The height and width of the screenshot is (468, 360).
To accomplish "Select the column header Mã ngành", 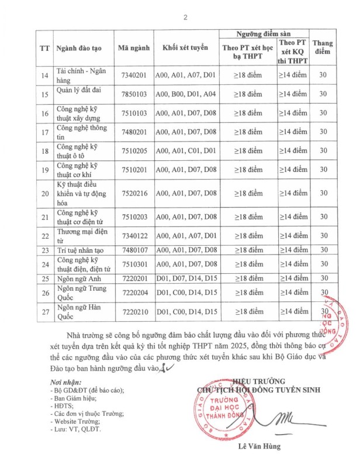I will [134, 48].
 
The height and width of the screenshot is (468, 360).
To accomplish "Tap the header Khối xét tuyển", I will [185, 48].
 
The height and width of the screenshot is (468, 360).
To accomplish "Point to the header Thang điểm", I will [323, 48].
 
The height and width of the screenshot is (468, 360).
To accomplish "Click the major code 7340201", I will [134, 75].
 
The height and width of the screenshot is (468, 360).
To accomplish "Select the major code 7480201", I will [134, 132].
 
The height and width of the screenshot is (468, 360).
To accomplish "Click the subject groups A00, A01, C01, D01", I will [185, 151].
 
